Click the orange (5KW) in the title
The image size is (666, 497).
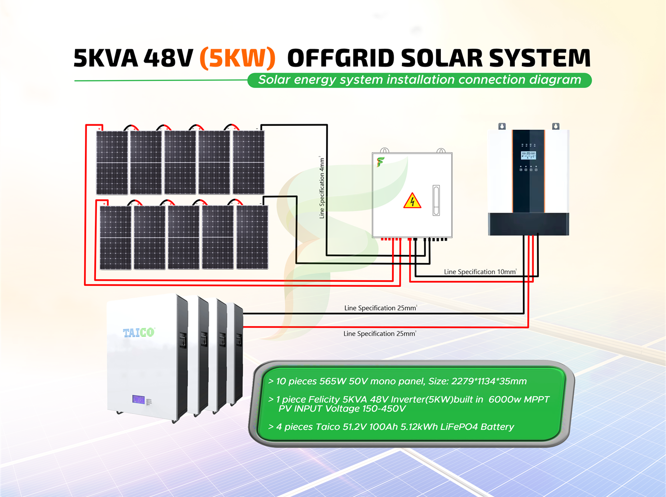[237, 58]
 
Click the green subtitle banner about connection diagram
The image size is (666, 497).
[419, 80]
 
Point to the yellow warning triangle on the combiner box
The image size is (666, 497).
[412, 201]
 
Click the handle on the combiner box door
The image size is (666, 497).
[436, 200]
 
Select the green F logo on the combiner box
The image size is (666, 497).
[380, 162]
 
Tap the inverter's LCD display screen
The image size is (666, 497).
[528, 156]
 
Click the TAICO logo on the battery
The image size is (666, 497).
[139, 332]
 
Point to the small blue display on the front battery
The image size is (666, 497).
[138, 399]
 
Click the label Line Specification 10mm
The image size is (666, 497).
[480, 272]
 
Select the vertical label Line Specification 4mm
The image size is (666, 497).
[322, 188]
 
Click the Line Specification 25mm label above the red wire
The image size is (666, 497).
[380, 308]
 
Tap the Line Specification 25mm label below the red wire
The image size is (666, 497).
[379, 333]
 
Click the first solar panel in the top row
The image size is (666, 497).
[112, 163]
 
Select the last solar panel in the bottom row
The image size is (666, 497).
[252, 238]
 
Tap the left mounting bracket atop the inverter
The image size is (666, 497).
[502, 127]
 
